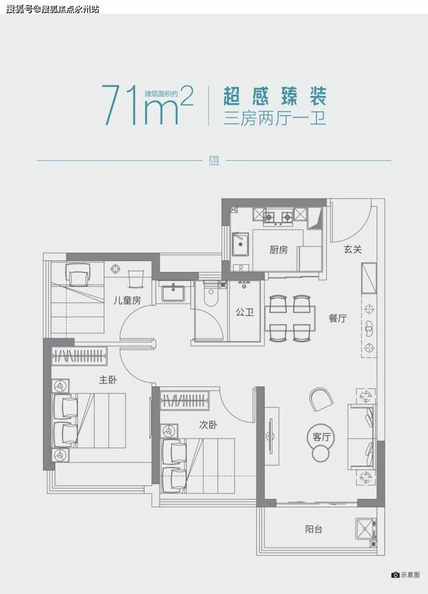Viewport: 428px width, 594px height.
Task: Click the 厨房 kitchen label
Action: (278, 250)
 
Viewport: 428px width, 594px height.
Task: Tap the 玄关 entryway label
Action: (353, 249)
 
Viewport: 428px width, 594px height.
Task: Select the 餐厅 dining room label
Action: (337, 318)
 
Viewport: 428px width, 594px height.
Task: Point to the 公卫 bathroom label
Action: (245, 312)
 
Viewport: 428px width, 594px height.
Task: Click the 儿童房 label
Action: (127, 300)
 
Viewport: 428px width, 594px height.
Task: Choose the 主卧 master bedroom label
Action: (108, 379)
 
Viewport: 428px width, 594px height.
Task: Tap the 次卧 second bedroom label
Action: (208, 425)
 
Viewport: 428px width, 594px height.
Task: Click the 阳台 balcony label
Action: (313, 529)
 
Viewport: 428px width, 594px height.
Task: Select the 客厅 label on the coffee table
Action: (322, 437)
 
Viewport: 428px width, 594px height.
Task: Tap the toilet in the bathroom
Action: (211, 294)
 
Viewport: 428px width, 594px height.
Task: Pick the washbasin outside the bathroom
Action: (173, 293)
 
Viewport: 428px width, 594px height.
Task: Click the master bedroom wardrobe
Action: (79, 356)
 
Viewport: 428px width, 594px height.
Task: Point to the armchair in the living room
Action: (321, 399)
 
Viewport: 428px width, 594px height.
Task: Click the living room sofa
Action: (361, 437)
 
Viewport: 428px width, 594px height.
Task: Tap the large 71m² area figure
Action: (147, 105)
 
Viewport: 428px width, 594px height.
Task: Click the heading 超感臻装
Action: (275, 96)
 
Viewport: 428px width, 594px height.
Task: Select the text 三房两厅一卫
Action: (275, 118)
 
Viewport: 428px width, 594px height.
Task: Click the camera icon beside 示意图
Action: (396, 575)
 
